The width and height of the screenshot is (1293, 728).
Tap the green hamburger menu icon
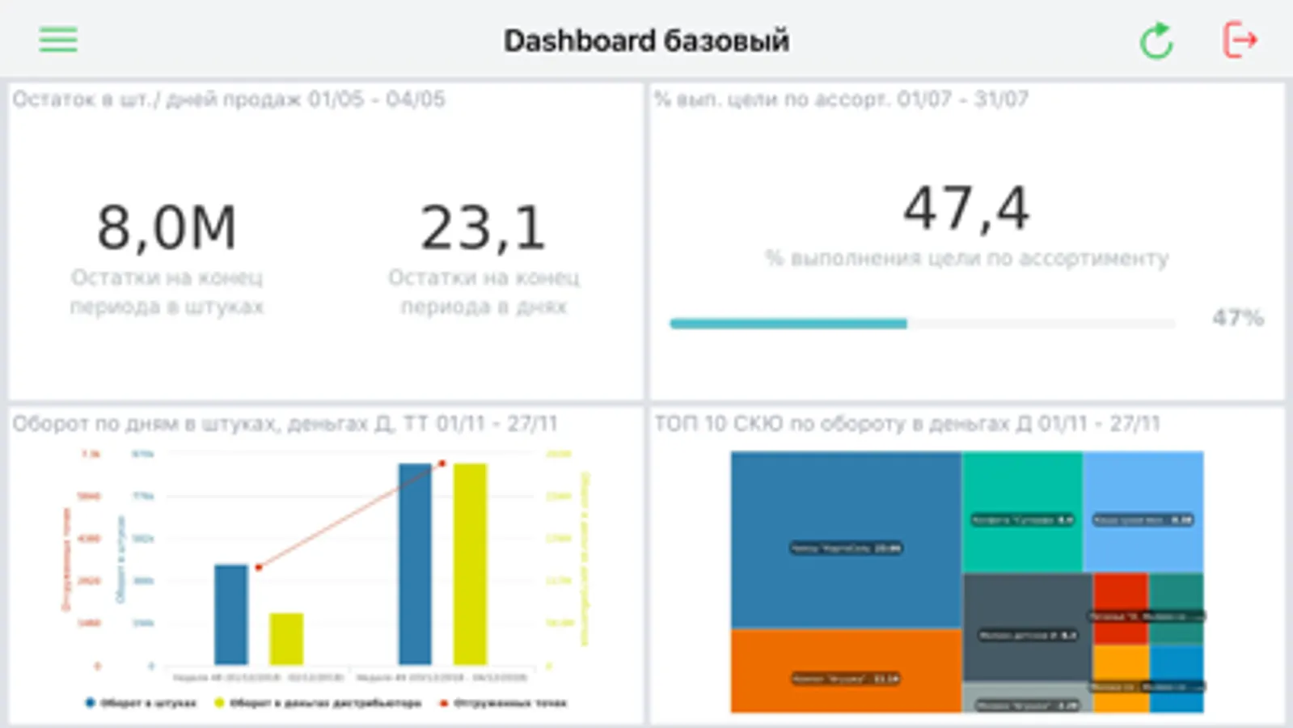tap(58, 39)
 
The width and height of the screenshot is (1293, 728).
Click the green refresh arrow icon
tap(1156, 40)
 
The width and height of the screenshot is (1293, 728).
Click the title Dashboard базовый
tap(646, 40)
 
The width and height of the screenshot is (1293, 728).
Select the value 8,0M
tap(167, 227)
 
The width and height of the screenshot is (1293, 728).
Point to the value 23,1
tap(483, 227)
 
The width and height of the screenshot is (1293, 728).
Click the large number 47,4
tap(966, 208)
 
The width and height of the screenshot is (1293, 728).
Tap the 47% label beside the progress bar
tap(1237, 318)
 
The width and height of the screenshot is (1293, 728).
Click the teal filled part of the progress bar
tap(788, 324)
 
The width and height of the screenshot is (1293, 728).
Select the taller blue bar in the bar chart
tap(415, 563)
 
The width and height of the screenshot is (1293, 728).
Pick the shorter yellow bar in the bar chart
tap(286, 638)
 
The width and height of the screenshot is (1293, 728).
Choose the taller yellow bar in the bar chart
tap(470, 563)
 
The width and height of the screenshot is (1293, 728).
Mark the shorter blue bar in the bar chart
tap(231, 614)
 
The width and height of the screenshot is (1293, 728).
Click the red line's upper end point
tap(442, 463)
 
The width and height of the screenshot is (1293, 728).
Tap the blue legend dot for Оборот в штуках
tap(90, 703)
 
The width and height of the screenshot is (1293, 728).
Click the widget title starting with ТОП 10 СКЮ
tap(906, 423)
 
